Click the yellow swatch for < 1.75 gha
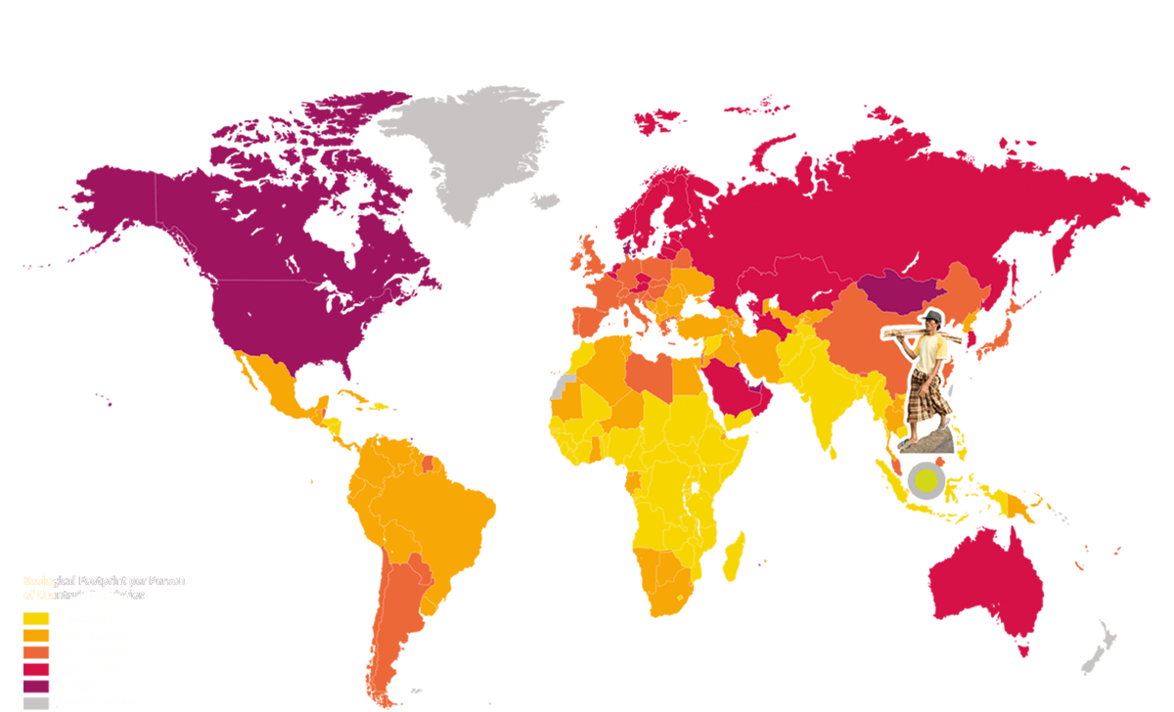point(35,618)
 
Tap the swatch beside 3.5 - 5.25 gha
point(35,651)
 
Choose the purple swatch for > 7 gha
point(35,686)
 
